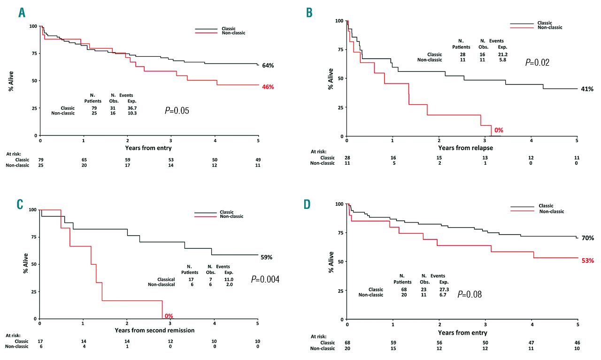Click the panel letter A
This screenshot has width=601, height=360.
(22, 13)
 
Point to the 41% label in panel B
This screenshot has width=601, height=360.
(587, 89)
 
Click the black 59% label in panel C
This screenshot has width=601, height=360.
(267, 257)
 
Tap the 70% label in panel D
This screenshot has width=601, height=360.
(587, 238)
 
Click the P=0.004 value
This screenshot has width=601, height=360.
(265, 279)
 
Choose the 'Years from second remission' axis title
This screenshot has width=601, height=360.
(148, 330)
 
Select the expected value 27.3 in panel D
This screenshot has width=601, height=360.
(444, 289)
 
